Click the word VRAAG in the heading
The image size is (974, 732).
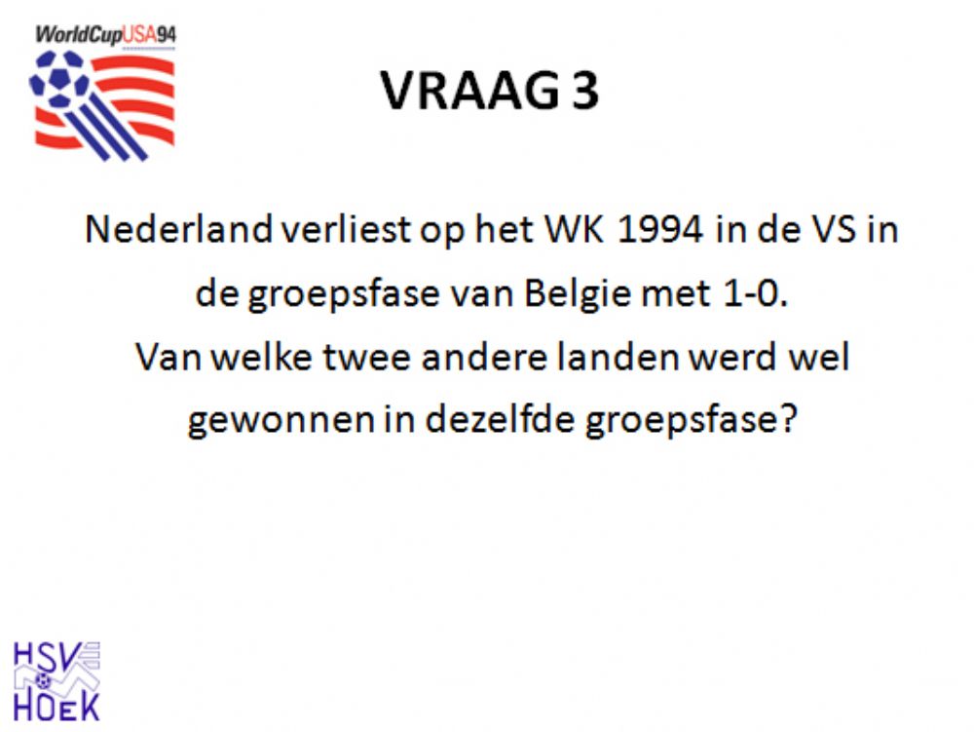click(469, 91)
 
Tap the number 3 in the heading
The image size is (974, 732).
click(585, 91)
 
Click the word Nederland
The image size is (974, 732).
click(178, 229)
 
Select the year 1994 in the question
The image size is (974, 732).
click(659, 229)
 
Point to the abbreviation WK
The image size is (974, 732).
click(574, 229)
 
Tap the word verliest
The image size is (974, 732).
click(346, 229)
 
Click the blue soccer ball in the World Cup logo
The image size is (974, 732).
click(59, 80)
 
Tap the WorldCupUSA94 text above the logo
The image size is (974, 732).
click(105, 34)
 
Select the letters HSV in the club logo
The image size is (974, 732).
click(47, 657)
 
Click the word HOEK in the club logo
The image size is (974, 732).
click(56, 707)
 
